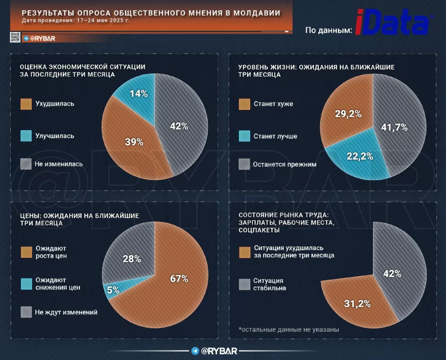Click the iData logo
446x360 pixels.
(395, 22)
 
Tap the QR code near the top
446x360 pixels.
(15, 38)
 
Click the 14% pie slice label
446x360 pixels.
(139, 93)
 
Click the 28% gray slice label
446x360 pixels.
(132, 258)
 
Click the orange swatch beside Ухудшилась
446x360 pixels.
(26, 104)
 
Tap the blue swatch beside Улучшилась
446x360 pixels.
(26, 136)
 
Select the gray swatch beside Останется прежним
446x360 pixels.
(244, 164)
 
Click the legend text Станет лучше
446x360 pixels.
(275, 136)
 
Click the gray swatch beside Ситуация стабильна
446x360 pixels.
(244, 284)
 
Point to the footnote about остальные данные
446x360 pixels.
(289, 329)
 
